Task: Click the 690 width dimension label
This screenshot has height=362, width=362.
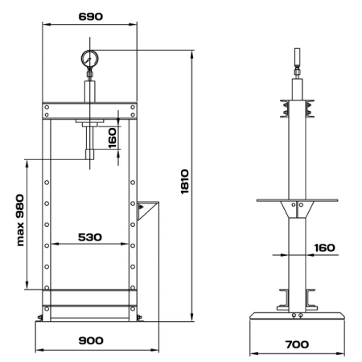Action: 91,17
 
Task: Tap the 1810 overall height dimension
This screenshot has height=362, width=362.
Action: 185,182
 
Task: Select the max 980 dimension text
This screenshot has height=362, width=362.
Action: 20,220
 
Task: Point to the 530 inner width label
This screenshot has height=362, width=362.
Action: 90,237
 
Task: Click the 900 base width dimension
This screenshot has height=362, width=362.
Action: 91,340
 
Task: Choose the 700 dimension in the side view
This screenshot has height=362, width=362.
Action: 297,344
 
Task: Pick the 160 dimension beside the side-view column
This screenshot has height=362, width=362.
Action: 324,248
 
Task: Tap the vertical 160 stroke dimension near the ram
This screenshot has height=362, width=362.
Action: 112,138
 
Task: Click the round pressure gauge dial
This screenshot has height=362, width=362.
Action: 90,59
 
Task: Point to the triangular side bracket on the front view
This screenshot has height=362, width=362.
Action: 146,210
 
